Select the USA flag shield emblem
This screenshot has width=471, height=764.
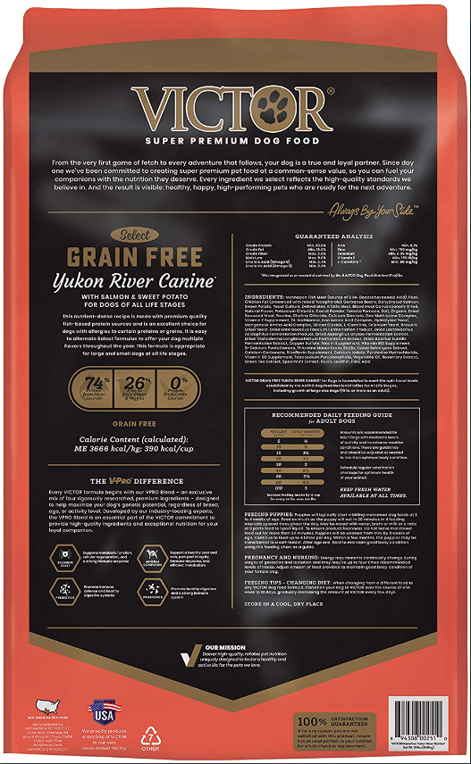[x=105, y=712]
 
